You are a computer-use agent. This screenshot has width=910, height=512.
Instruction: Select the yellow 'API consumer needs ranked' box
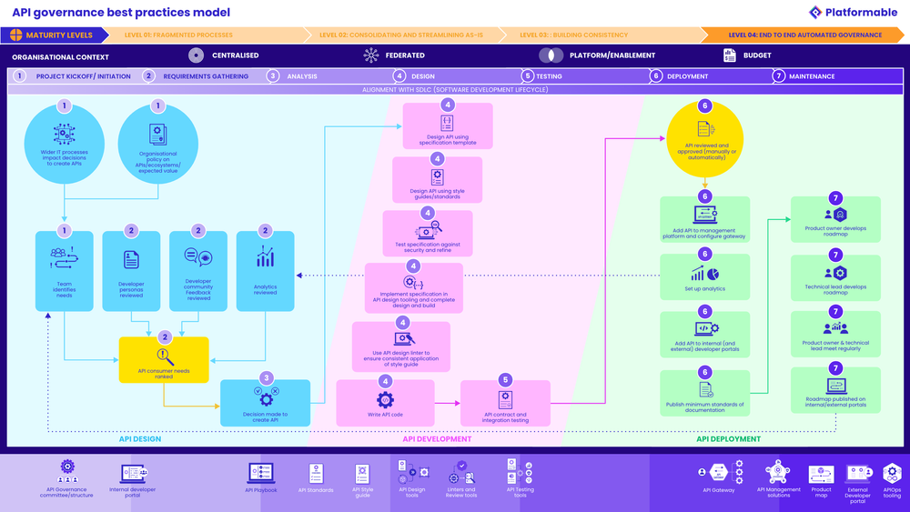tap(164, 359)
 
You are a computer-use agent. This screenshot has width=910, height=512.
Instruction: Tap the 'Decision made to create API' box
tap(266, 403)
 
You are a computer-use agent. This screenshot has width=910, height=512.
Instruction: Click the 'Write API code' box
tap(385, 403)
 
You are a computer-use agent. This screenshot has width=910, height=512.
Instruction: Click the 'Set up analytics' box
tap(705, 276)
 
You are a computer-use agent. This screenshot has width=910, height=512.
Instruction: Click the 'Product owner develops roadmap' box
tap(835, 219)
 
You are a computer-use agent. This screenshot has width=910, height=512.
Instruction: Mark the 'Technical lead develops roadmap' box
tap(835, 277)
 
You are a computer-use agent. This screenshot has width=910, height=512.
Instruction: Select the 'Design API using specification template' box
tap(448, 125)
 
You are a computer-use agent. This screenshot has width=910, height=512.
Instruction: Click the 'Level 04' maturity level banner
tap(804, 35)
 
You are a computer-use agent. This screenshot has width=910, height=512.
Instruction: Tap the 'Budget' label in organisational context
tap(756, 55)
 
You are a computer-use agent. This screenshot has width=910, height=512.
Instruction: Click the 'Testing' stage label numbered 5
tap(549, 76)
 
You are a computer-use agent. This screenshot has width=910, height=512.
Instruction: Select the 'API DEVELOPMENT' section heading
tap(437, 438)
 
